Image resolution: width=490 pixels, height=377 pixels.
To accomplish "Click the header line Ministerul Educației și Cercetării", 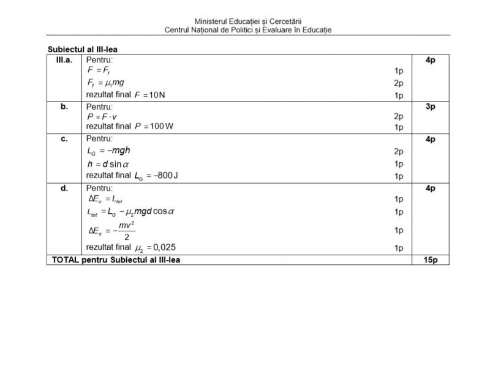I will coord(247,21).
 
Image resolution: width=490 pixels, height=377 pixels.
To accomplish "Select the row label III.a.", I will coord(64,60).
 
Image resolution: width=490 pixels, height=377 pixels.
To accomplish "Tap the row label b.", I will coord(64,106).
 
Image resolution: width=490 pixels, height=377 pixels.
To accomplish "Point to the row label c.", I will coord(64,139).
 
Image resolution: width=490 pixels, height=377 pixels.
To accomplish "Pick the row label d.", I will coord(64,188).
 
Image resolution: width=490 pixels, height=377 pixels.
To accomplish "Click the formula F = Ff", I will coord(99,71).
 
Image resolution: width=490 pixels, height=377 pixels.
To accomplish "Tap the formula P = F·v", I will coord(100,116).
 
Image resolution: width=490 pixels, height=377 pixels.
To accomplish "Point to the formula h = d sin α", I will coord(108,164).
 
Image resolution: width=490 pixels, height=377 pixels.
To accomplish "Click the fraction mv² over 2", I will coord(126,231).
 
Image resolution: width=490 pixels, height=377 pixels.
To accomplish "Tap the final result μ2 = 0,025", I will coord(156,248).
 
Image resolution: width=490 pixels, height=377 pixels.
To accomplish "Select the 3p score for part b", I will coord(430,106).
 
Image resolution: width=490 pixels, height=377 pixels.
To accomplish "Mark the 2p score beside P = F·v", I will coord(398,116).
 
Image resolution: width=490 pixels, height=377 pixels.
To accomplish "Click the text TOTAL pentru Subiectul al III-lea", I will coord(116,259).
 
